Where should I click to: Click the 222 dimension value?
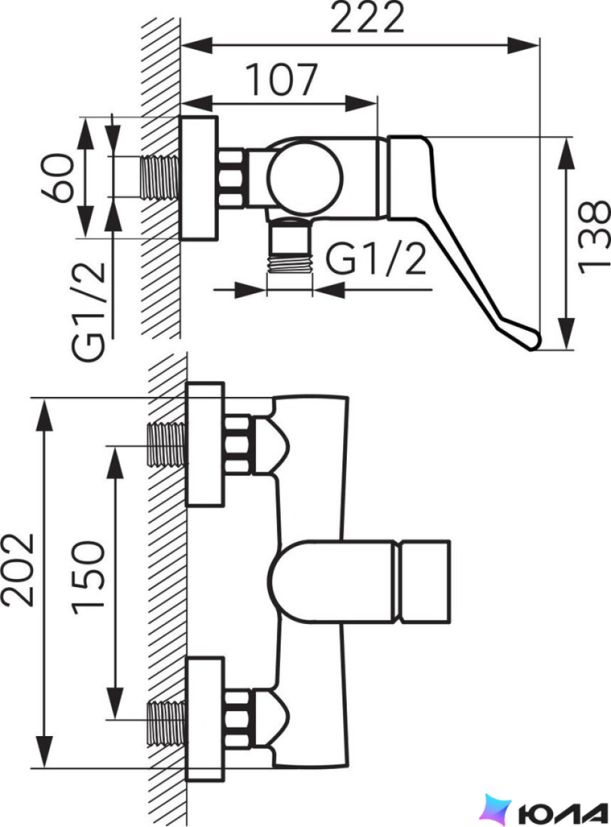click(x=367, y=17)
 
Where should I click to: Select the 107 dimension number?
click(x=283, y=80)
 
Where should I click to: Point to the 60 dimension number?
click(x=57, y=177)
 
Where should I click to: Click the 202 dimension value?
click(x=18, y=570)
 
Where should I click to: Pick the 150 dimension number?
click(x=88, y=577)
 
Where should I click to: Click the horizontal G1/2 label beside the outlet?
click(x=375, y=259)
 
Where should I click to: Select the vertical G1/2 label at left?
click(x=89, y=311)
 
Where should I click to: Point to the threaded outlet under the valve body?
click(x=290, y=247)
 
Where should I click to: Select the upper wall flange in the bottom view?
click(x=205, y=444)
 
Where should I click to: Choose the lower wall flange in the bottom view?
click(x=205, y=719)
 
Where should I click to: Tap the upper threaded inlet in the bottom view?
click(x=166, y=444)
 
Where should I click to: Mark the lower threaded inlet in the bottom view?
click(x=166, y=719)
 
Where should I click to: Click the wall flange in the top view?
click(x=199, y=179)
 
